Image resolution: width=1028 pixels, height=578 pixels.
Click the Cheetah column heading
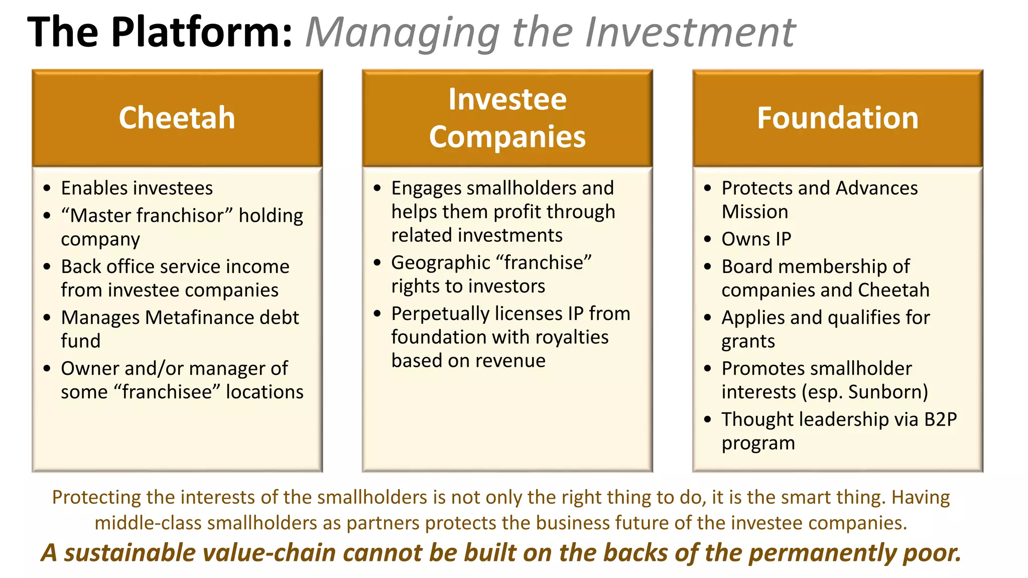pos(177,118)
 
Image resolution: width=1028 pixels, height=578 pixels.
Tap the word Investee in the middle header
pos(507,99)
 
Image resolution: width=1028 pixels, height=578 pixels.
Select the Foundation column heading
pos(837,118)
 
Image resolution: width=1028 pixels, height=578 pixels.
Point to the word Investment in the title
pos(690,32)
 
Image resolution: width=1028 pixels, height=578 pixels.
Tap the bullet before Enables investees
pos(47,189)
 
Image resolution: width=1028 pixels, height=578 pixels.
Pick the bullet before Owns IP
pos(708,239)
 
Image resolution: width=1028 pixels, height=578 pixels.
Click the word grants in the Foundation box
pos(748,342)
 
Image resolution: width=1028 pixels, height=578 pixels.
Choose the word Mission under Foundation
pos(754,212)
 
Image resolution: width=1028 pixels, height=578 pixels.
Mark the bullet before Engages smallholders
pos(377,189)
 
